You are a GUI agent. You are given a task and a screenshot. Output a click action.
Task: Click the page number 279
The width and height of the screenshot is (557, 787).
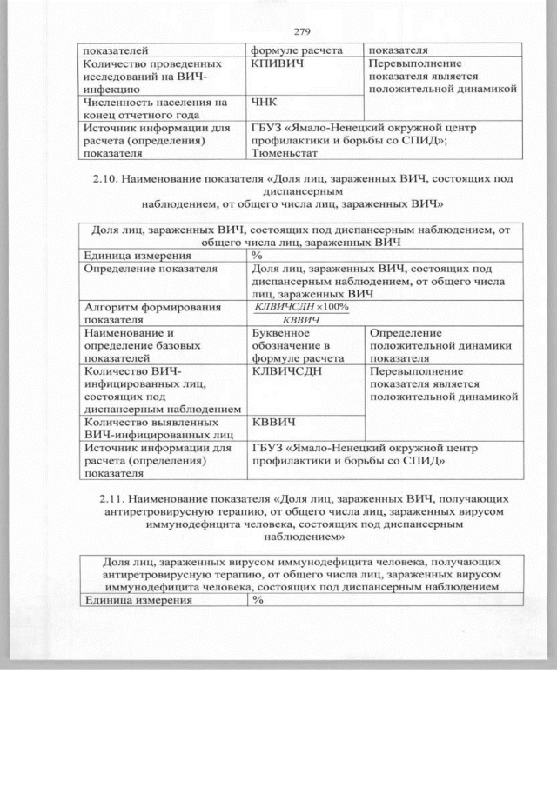pos(302,32)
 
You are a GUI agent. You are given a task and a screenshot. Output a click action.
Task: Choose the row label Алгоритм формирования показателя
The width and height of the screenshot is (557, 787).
pos(140,313)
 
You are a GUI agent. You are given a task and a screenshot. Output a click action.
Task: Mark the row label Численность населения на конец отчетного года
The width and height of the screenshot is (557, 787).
pos(153,109)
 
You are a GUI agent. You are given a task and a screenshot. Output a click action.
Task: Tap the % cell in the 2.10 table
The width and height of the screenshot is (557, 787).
pos(258,256)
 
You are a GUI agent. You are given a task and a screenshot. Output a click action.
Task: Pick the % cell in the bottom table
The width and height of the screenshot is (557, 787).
pos(258,599)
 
